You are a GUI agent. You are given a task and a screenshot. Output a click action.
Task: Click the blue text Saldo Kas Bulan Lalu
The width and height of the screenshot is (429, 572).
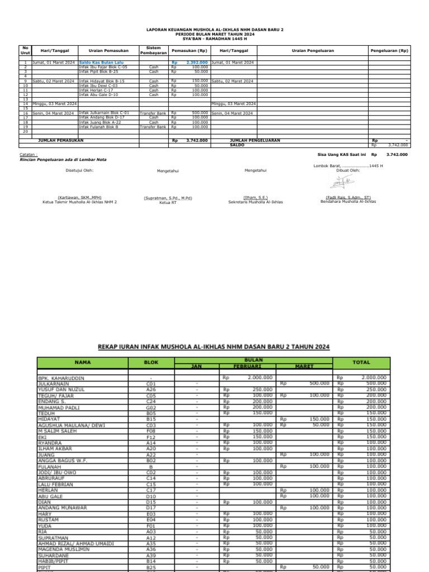point(101,63)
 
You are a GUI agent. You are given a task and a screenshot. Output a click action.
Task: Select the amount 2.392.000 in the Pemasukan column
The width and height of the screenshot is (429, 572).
point(197,63)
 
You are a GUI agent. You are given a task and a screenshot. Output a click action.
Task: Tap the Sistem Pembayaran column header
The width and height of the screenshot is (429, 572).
point(153,50)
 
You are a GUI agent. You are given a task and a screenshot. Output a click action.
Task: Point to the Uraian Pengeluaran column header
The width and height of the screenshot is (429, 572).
point(313,50)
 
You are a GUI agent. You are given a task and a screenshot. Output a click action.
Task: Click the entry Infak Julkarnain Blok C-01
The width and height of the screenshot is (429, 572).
point(104,113)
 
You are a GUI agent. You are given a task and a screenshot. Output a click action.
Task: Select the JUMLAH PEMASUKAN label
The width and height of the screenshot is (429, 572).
point(60,140)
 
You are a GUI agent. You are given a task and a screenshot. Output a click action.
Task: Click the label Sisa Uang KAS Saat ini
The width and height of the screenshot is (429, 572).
point(341,154)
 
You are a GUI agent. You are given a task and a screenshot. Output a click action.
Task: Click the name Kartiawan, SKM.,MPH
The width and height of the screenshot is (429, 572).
point(80,198)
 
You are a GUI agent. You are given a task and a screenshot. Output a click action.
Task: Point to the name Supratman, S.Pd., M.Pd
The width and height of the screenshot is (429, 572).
point(168,198)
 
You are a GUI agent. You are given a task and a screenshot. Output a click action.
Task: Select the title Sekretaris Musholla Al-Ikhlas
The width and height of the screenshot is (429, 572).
point(255,202)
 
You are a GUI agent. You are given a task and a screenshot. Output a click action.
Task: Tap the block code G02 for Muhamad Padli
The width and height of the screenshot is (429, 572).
point(151,407)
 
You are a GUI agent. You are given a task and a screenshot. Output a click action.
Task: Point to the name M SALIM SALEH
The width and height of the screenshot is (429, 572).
point(57,431)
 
